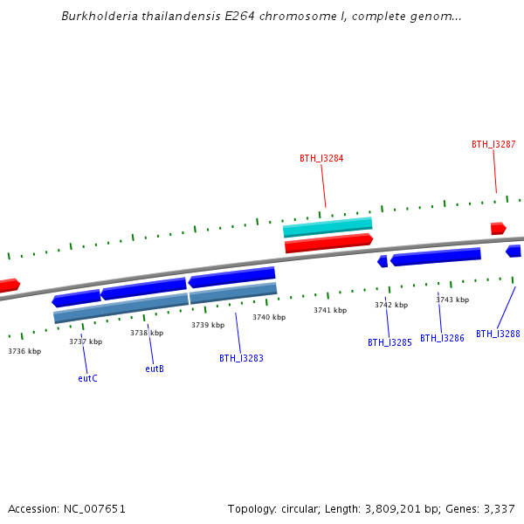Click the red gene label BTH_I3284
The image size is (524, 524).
pos(321,159)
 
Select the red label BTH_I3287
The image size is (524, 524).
pos(493,145)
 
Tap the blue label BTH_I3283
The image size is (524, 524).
pos(241,358)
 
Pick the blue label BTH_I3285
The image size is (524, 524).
pos(390,343)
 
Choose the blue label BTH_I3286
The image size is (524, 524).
pos(442,338)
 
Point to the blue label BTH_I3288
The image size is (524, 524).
pos(498,334)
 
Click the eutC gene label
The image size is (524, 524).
pos(87,378)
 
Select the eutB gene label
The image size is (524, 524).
pos(155,369)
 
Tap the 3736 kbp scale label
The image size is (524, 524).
pos(24,351)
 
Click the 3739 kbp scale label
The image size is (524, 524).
pos(208,325)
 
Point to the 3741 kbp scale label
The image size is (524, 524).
pos(330,310)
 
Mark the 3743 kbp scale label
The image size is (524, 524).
pos(452,300)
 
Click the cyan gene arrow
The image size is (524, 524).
pos(327,228)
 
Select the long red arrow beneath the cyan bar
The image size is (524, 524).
pos(328,243)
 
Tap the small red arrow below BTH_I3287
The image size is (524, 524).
pos(498,229)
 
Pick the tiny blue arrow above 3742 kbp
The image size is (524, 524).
pos(383,261)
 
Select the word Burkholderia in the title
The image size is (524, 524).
pos(100,17)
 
